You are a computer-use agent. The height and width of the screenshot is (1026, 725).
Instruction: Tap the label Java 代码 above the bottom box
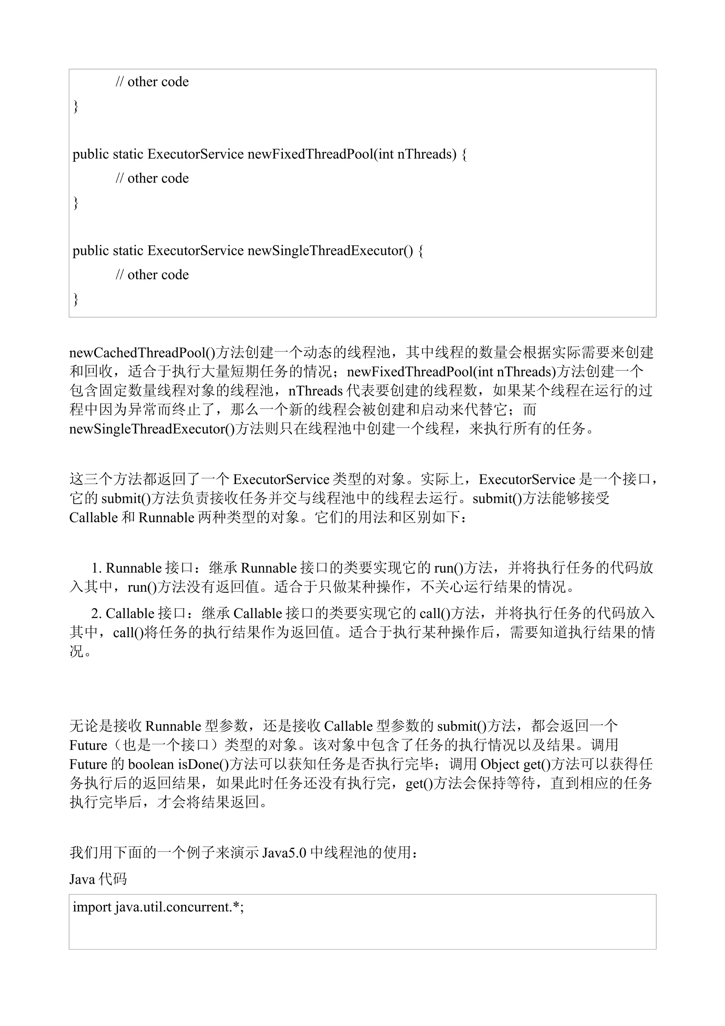(x=98, y=879)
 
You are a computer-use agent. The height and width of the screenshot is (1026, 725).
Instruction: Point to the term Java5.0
(x=284, y=853)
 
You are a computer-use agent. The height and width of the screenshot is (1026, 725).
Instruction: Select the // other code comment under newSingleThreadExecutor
(x=152, y=274)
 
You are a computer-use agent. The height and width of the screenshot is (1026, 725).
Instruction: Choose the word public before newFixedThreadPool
(x=91, y=154)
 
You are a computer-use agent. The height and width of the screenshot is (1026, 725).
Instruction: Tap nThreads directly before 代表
(x=315, y=391)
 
